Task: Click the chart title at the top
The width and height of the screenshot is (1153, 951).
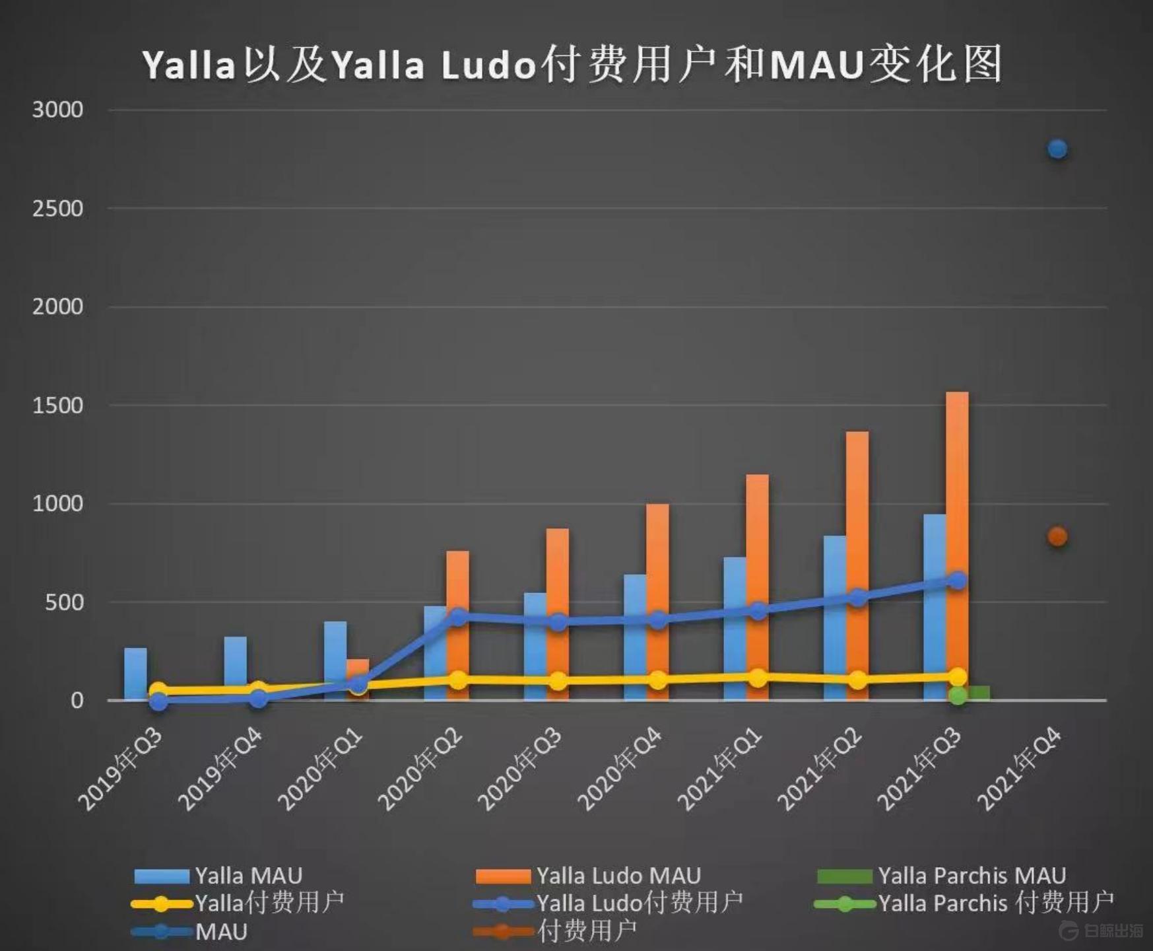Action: pos(572,65)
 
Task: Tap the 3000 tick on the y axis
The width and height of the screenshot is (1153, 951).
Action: pos(58,110)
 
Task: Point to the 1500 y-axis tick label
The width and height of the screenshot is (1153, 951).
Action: pos(58,405)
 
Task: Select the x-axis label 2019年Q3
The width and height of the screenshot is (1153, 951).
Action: pos(121,770)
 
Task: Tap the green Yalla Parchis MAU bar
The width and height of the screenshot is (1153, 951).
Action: pos(979,693)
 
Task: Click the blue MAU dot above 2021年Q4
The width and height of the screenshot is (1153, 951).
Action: pos(1057,149)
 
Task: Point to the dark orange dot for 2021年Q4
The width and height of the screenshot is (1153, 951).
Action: pos(1057,537)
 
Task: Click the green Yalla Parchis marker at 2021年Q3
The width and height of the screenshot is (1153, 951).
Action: pos(958,695)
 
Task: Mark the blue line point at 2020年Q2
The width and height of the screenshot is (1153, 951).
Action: pos(458,617)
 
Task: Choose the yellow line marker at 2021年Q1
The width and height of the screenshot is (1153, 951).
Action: pos(758,678)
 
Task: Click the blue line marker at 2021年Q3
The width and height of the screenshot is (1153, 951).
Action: pos(958,581)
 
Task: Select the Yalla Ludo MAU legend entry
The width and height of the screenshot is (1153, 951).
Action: pos(587,876)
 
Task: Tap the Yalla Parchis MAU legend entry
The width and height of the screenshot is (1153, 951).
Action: pos(941,876)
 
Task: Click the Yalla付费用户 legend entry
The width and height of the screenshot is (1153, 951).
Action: pos(238,903)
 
